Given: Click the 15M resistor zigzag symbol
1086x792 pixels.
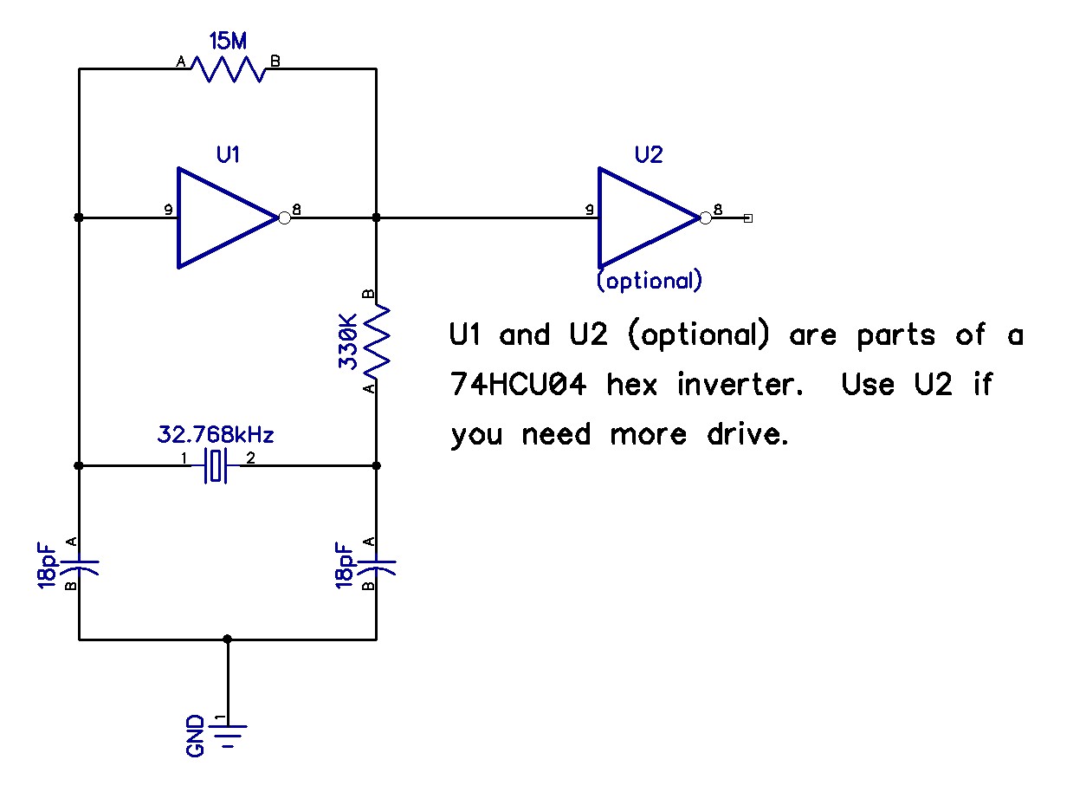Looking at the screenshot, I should (x=228, y=69).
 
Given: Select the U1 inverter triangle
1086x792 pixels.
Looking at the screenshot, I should (x=221, y=217).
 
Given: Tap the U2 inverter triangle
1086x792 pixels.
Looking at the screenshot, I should (x=642, y=217).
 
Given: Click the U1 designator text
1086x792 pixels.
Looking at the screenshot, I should (x=229, y=155).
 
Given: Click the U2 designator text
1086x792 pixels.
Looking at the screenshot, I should (x=649, y=155).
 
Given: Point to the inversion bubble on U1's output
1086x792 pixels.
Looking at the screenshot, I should (x=284, y=217).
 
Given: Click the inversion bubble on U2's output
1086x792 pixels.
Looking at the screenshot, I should (x=705, y=217).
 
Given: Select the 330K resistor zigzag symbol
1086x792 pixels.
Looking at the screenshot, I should (x=378, y=341).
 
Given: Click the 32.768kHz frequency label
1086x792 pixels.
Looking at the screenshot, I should (x=220, y=433).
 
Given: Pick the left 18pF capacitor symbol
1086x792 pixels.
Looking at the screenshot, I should (x=81, y=565).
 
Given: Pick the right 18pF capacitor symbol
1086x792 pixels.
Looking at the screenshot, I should (x=378, y=565).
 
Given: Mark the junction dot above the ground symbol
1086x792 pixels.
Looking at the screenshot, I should (x=228, y=639).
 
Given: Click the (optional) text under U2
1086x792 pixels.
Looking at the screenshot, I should (x=649, y=282).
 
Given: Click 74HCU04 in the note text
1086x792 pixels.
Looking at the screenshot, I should (x=518, y=385).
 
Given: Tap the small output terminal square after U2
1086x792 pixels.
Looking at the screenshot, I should (x=748, y=218).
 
